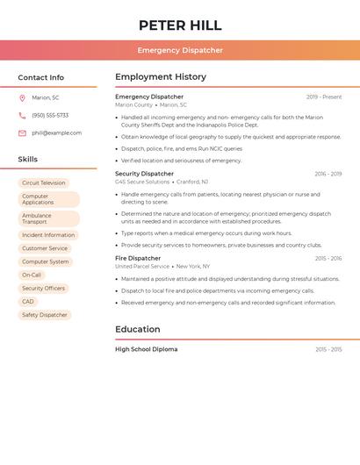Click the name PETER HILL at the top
click(180, 25)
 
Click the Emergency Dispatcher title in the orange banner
click(180, 50)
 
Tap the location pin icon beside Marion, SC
click(22, 97)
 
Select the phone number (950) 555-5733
click(50, 115)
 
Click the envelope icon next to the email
click(22, 133)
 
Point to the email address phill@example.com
click(56, 133)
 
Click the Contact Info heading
click(41, 77)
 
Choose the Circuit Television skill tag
click(44, 182)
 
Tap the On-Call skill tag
click(32, 275)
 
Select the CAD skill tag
click(28, 301)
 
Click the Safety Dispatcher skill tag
click(45, 315)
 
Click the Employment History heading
click(161, 77)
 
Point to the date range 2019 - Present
click(324, 97)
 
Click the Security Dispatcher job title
click(144, 174)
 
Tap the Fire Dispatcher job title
click(138, 258)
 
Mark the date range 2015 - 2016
click(328, 259)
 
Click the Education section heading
click(138, 330)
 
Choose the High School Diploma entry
click(146, 349)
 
